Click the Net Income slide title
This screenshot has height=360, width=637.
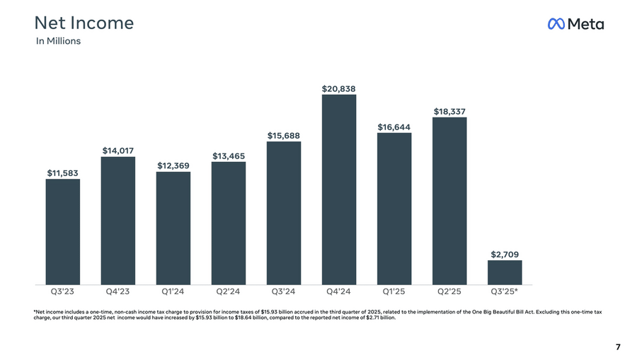pyautogui.click(x=84, y=23)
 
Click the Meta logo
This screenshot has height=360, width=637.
pyautogui.click(x=575, y=24)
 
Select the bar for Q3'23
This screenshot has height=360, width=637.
pyautogui.click(x=63, y=231)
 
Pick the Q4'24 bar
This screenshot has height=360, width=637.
pyautogui.click(x=339, y=189)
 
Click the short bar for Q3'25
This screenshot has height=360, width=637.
pyautogui.click(x=505, y=272)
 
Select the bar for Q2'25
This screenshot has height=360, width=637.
pyautogui.click(x=449, y=200)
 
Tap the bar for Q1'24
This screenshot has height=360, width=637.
pyautogui.click(x=173, y=228)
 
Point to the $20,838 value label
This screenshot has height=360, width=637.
pyautogui.click(x=339, y=89)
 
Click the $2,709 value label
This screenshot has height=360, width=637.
pyautogui.click(x=505, y=254)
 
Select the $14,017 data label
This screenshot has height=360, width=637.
pyautogui.click(x=118, y=151)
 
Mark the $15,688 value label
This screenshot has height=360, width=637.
pyautogui.click(x=284, y=135)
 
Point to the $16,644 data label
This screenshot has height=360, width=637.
pyautogui.click(x=394, y=127)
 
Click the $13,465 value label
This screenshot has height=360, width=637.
pyautogui.click(x=229, y=156)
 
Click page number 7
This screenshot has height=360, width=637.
pyautogui.click(x=618, y=347)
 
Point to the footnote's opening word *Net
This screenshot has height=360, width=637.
pyautogui.click(x=40, y=311)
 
